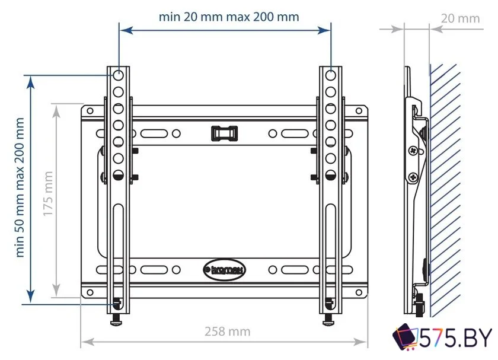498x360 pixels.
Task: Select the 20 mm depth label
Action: click(x=460, y=18)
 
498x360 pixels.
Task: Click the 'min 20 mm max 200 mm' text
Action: click(x=229, y=17)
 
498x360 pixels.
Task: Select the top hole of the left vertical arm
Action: click(x=119, y=75)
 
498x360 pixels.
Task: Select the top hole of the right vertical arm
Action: click(x=331, y=75)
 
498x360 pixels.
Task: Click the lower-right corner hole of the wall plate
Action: click(x=359, y=292)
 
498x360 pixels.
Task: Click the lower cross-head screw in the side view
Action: click(x=413, y=176)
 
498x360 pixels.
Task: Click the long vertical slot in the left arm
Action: click(x=119, y=249)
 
